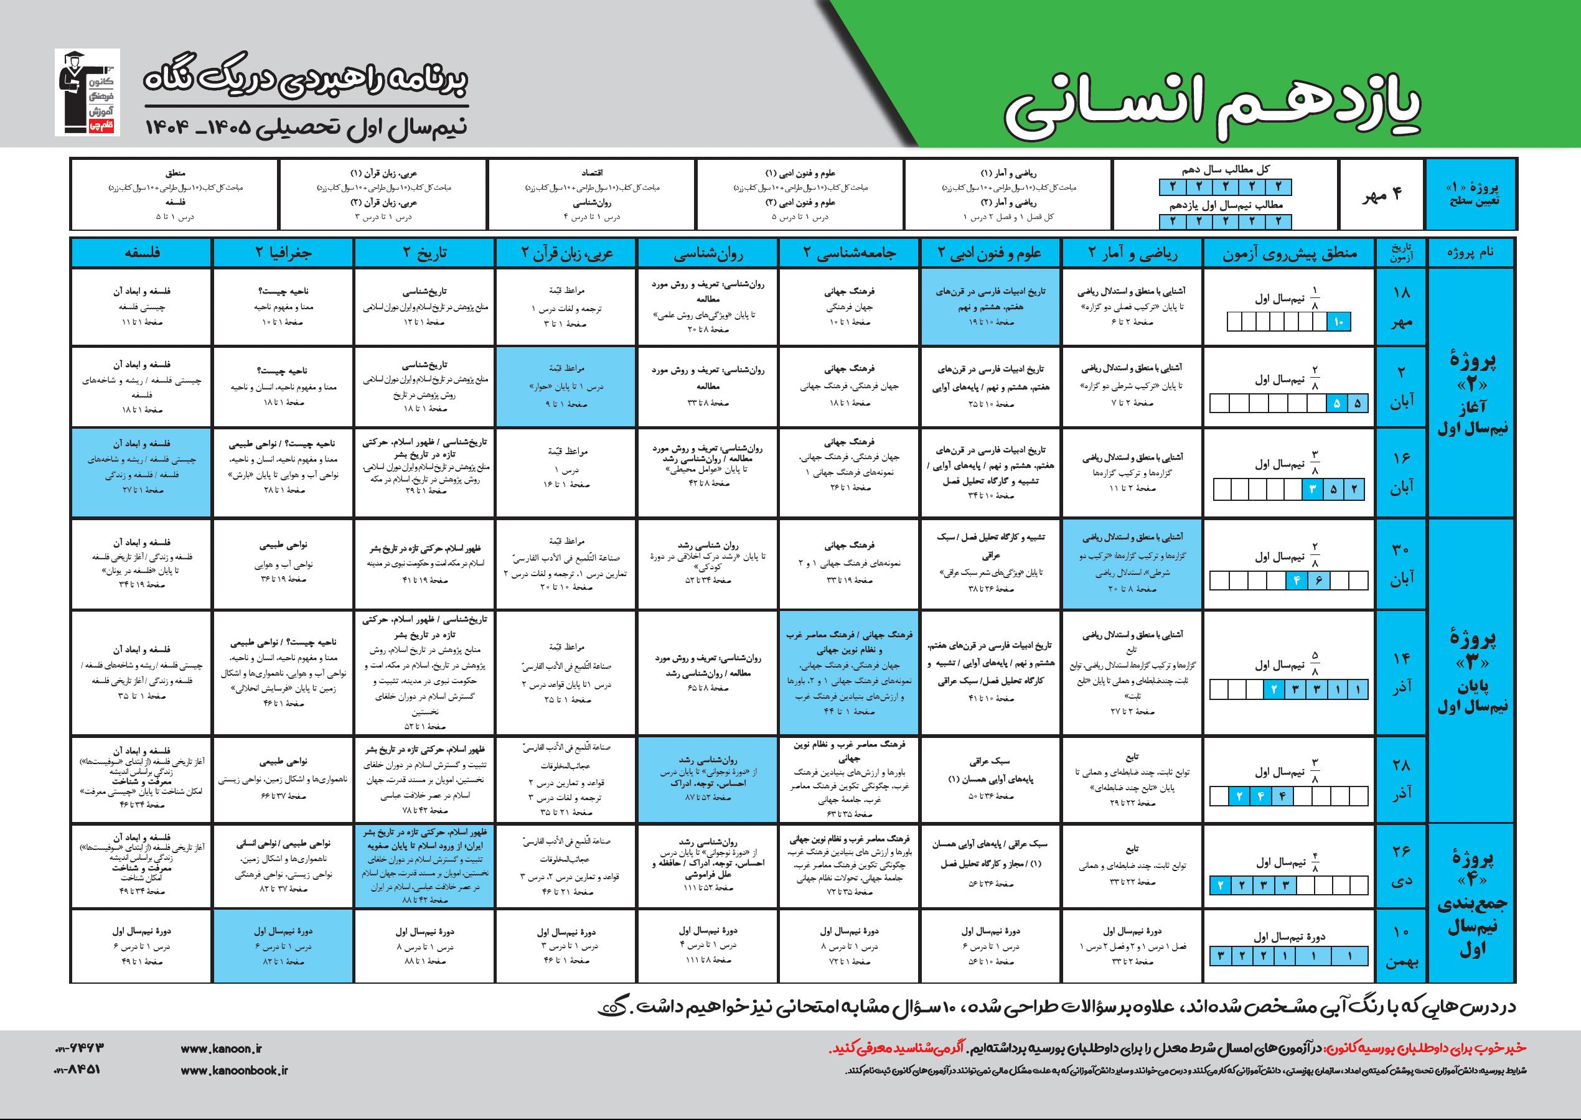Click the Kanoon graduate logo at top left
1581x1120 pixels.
click(x=87, y=93)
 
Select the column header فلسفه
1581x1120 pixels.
click(x=142, y=253)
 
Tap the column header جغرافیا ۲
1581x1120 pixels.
click(x=282, y=253)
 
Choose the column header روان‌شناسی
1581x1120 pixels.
click(x=708, y=253)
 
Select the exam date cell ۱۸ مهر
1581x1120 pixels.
click(x=1402, y=307)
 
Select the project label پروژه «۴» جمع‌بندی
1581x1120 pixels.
click(x=1471, y=904)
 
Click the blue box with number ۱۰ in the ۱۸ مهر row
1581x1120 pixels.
click(x=1339, y=322)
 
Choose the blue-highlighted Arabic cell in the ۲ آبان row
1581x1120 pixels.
click(x=566, y=387)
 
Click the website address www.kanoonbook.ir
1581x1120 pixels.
click(x=234, y=1070)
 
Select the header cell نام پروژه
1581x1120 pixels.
click(x=1471, y=253)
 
